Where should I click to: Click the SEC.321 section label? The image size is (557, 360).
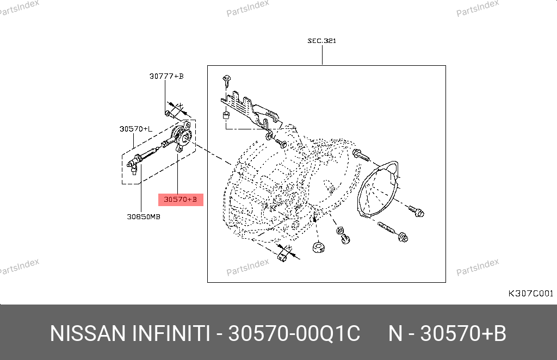[321, 41]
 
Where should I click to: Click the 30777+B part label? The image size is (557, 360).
[166, 76]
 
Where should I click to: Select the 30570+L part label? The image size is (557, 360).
[135, 129]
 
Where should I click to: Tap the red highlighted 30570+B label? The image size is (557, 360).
[181, 200]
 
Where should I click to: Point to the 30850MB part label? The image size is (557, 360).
[144, 216]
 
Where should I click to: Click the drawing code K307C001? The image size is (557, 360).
[531, 294]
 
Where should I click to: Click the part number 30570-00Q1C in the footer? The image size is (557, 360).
[294, 333]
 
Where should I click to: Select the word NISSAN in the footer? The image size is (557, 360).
[88, 333]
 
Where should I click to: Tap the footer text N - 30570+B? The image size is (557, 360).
[447, 333]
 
